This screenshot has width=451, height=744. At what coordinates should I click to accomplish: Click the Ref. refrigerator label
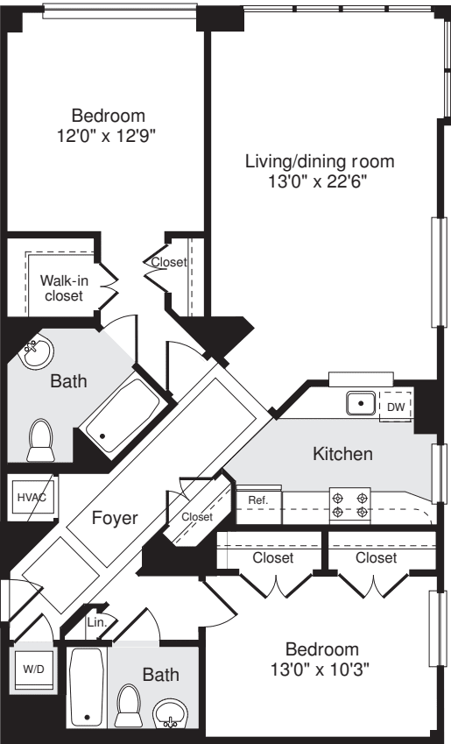pos(257,500)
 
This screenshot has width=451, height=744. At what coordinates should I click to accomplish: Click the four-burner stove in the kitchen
pos(349,504)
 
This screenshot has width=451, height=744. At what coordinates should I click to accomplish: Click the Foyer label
pos(115,518)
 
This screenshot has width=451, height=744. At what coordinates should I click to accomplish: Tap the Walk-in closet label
pos(61,288)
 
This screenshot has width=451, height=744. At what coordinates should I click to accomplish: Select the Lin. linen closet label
pos(96,622)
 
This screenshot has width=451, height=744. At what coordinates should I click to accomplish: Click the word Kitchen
pos(343,454)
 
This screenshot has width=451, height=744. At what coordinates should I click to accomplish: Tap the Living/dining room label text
pos(320,161)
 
